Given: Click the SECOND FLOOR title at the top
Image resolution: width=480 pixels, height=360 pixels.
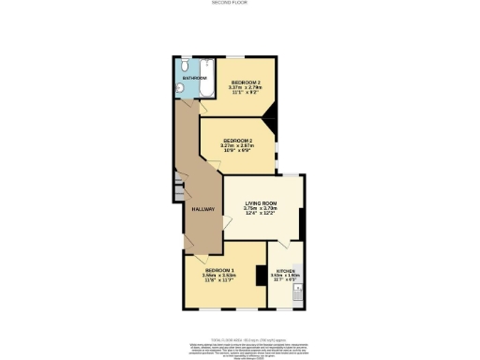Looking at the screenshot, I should tap(239, 4).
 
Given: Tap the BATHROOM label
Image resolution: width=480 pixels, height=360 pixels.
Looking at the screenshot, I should tap(195, 78).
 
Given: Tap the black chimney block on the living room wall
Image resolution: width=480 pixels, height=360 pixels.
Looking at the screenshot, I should tap(300, 222).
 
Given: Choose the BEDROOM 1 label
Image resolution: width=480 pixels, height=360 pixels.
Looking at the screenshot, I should tap(219, 270).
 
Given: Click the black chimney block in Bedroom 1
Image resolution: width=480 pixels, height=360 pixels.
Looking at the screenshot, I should tap(259, 277).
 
